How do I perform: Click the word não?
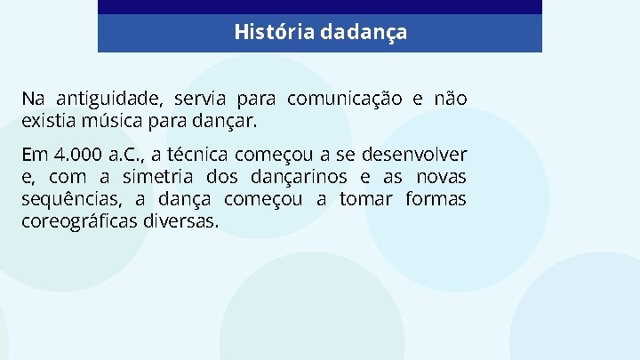pyautogui.click(x=450, y=98)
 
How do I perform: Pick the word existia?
pyautogui.click(x=49, y=118)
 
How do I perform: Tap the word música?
pyautogui.click(x=111, y=118)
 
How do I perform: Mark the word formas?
pyautogui.click(x=436, y=199)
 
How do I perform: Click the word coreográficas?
pyautogui.click(x=79, y=220)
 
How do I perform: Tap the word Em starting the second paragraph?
pyautogui.click(x=33, y=156)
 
